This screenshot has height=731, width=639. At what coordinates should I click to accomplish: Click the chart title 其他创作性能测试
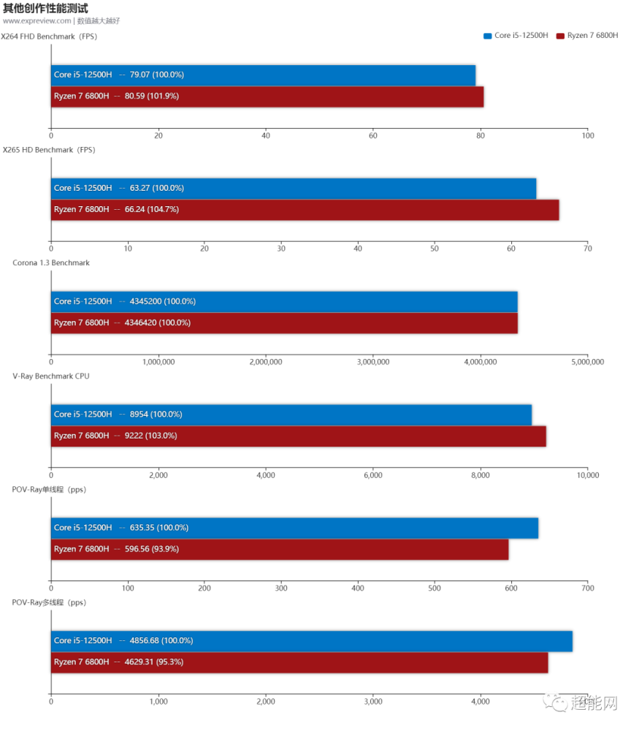[45, 8]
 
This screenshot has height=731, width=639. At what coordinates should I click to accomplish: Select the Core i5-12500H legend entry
[516, 35]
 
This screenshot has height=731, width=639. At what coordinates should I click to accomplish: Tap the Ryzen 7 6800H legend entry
[587, 35]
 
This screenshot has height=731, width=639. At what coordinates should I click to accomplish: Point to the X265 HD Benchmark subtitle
[48, 150]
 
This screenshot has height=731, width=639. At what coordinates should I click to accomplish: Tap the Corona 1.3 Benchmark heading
[51, 262]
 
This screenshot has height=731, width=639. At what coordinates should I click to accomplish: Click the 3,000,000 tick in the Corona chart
[373, 362]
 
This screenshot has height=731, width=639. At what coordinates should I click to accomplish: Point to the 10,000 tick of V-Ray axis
[587, 475]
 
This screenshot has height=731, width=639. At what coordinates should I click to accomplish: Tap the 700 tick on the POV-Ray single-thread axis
[587, 588]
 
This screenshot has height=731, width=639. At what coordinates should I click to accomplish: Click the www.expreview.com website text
[37, 20]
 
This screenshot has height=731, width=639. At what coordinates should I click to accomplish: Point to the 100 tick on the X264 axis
[587, 135]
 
